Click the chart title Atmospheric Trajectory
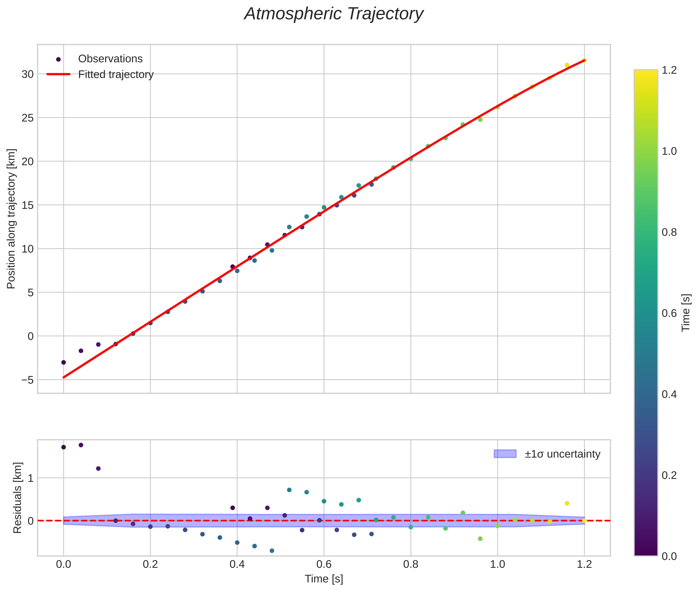coord(334,14)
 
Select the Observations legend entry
coord(110,59)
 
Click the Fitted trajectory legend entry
coord(116,74)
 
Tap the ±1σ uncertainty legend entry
coord(562,454)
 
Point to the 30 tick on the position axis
coord(27,74)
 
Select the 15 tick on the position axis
coord(27,205)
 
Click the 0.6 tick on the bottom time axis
coord(324,564)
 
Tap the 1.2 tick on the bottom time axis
coord(584,564)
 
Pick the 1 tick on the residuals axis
coord(31,478)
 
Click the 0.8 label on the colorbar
coord(669,232)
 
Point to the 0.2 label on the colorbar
coord(669,475)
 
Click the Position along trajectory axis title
coord(11,218)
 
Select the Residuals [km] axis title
coord(17,498)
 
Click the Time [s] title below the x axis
coord(324,579)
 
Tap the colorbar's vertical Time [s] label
coord(686,313)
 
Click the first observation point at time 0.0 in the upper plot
coord(63,362)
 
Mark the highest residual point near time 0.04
coord(81,445)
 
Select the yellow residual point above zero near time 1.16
coord(567,503)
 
